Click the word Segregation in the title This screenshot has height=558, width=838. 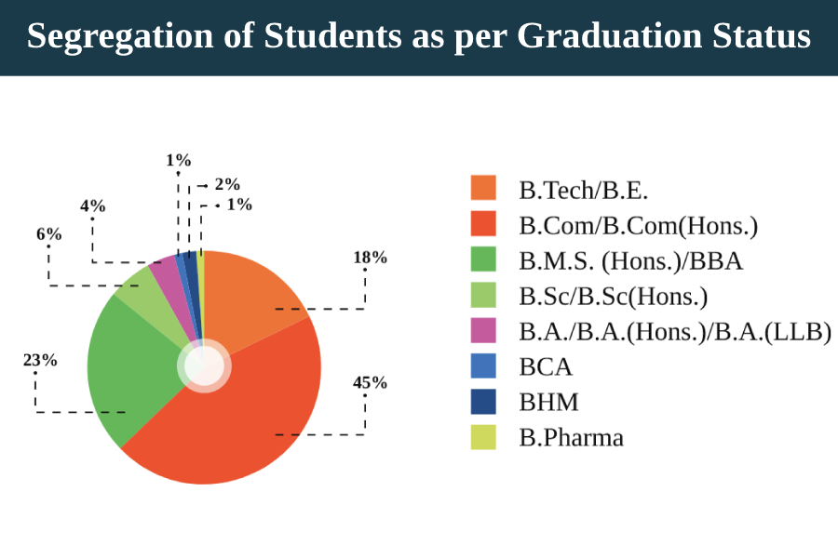click(120, 36)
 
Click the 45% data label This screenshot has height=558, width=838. click(370, 382)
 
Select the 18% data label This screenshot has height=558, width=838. click(370, 258)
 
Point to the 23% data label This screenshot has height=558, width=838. click(40, 361)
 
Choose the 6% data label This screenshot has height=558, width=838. click(49, 233)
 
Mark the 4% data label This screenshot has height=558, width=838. click(93, 206)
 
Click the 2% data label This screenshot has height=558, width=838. click(228, 184)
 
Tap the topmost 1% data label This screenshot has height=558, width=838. click(179, 160)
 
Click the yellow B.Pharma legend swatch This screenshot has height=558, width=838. click(483, 437)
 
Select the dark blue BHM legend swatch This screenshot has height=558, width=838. click(483, 402)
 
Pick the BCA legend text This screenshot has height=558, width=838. click(546, 366)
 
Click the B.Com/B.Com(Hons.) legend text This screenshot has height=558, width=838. click(639, 226)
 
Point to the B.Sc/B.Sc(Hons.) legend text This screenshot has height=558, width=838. click(614, 297)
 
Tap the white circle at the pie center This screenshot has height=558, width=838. click(204, 365)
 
